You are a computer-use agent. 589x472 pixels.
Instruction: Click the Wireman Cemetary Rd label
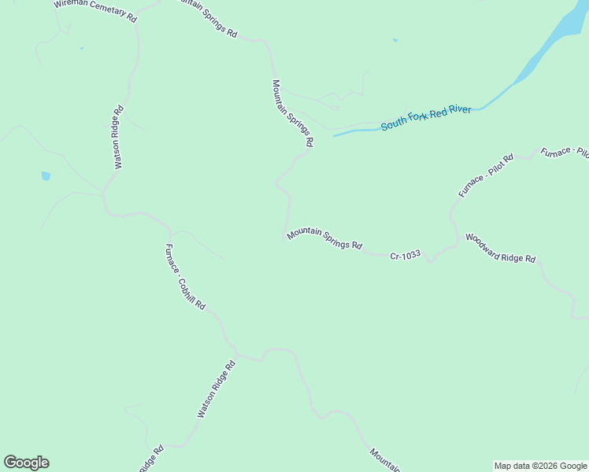tap(95, 9)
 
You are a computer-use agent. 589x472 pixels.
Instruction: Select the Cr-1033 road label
tap(406, 255)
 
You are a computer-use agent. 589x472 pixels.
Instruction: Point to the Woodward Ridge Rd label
tap(500, 248)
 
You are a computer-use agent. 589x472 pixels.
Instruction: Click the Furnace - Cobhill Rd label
tap(185, 277)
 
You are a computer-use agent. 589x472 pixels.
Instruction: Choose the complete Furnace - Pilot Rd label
tap(486, 175)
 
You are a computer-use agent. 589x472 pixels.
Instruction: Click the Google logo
tap(26, 463)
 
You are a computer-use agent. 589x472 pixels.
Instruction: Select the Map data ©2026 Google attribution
tap(540, 466)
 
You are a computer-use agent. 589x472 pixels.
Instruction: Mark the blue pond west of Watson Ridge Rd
tap(46, 176)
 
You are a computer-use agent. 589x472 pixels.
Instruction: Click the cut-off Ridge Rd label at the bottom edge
tap(151, 460)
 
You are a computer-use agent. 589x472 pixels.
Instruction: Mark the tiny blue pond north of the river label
tap(395, 40)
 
